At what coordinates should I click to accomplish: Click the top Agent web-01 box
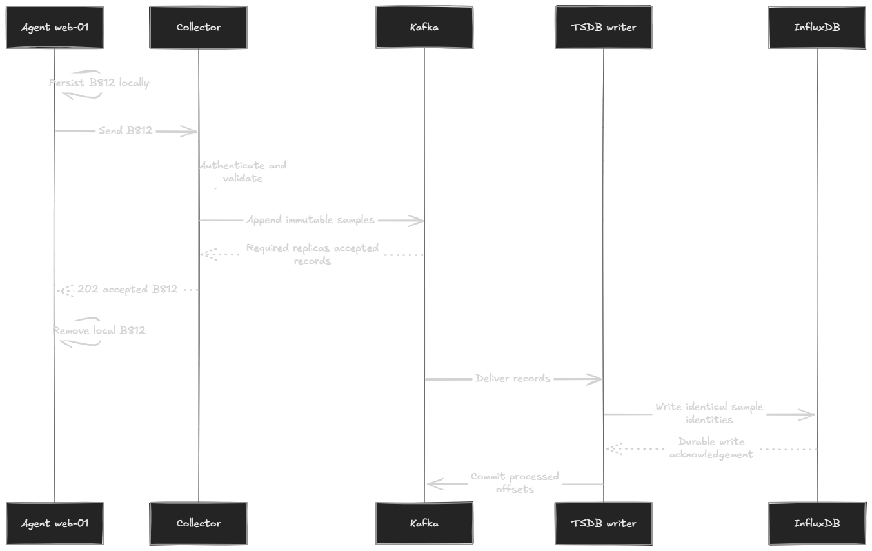55,27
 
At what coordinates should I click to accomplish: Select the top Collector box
199,27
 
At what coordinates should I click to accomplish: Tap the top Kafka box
424,27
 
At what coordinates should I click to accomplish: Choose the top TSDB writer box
604,27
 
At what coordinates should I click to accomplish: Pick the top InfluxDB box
817,27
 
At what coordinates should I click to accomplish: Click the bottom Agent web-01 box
55,523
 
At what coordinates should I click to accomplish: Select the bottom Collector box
199,523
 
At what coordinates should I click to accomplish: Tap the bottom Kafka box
424,523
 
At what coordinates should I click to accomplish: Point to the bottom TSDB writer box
604,523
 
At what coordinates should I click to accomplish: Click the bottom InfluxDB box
817,523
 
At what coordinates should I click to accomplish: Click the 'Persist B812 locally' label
99,83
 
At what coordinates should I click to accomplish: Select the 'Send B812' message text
125,130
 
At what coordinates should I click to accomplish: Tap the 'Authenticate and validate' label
243,172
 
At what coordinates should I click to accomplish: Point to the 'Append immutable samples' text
311,220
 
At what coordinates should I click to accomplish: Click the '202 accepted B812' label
127,289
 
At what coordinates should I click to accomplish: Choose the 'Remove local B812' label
99,330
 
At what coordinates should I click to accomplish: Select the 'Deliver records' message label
513,379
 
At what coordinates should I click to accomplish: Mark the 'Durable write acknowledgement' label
711,448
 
